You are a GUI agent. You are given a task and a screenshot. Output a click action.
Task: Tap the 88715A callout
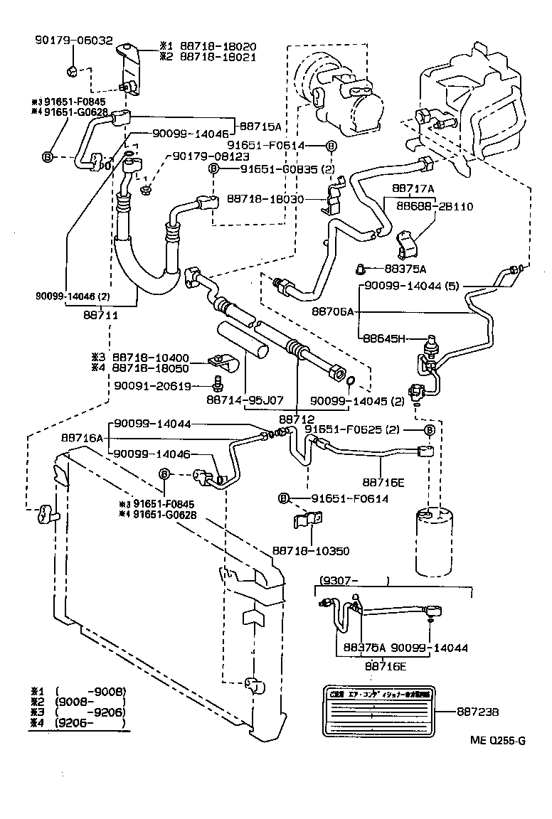point(260,126)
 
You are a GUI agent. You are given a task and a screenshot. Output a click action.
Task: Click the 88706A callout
point(332,311)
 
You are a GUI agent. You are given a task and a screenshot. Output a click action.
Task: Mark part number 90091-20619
point(152,386)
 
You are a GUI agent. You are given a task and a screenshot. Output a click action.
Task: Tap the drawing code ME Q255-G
point(497,740)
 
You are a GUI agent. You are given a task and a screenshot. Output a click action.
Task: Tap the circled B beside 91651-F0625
point(430,431)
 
